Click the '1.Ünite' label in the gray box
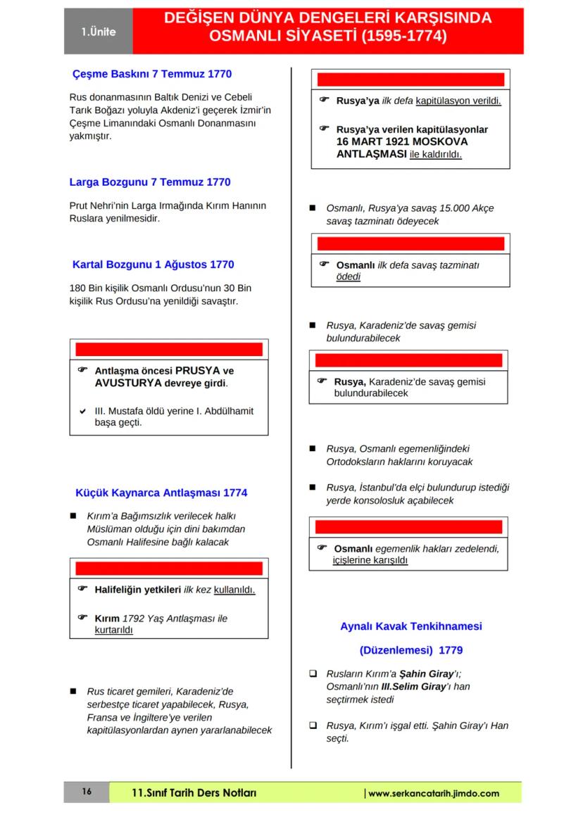point(97,32)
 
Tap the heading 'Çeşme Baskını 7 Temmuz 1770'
point(152,74)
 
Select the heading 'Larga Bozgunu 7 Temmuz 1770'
point(149,182)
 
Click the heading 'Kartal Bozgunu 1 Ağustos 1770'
point(153,265)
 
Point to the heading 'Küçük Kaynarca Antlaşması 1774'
point(161,493)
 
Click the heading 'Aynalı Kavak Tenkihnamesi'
point(410,626)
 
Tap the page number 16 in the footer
point(87,792)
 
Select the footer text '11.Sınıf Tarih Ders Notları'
point(194,793)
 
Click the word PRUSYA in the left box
point(198,371)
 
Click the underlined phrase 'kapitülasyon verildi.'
point(458,101)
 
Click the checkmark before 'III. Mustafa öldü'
point(82,412)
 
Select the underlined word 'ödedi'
point(348,277)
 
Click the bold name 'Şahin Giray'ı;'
point(430,673)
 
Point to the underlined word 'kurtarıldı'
point(113,630)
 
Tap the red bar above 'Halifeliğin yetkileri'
point(169,569)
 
